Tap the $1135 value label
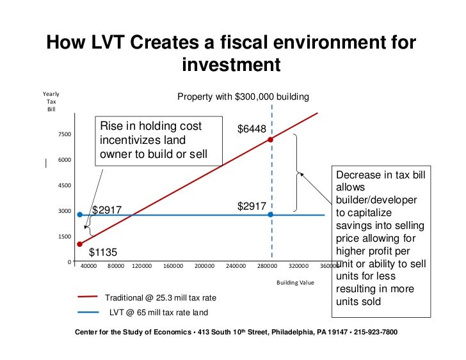tap(102, 253)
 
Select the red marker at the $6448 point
tap(271, 139)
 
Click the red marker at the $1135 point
tap(80, 244)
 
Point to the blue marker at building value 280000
tap(271, 215)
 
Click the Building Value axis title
tap(295, 282)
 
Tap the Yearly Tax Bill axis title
tap(51, 102)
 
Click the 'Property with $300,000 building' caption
tap(243, 97)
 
